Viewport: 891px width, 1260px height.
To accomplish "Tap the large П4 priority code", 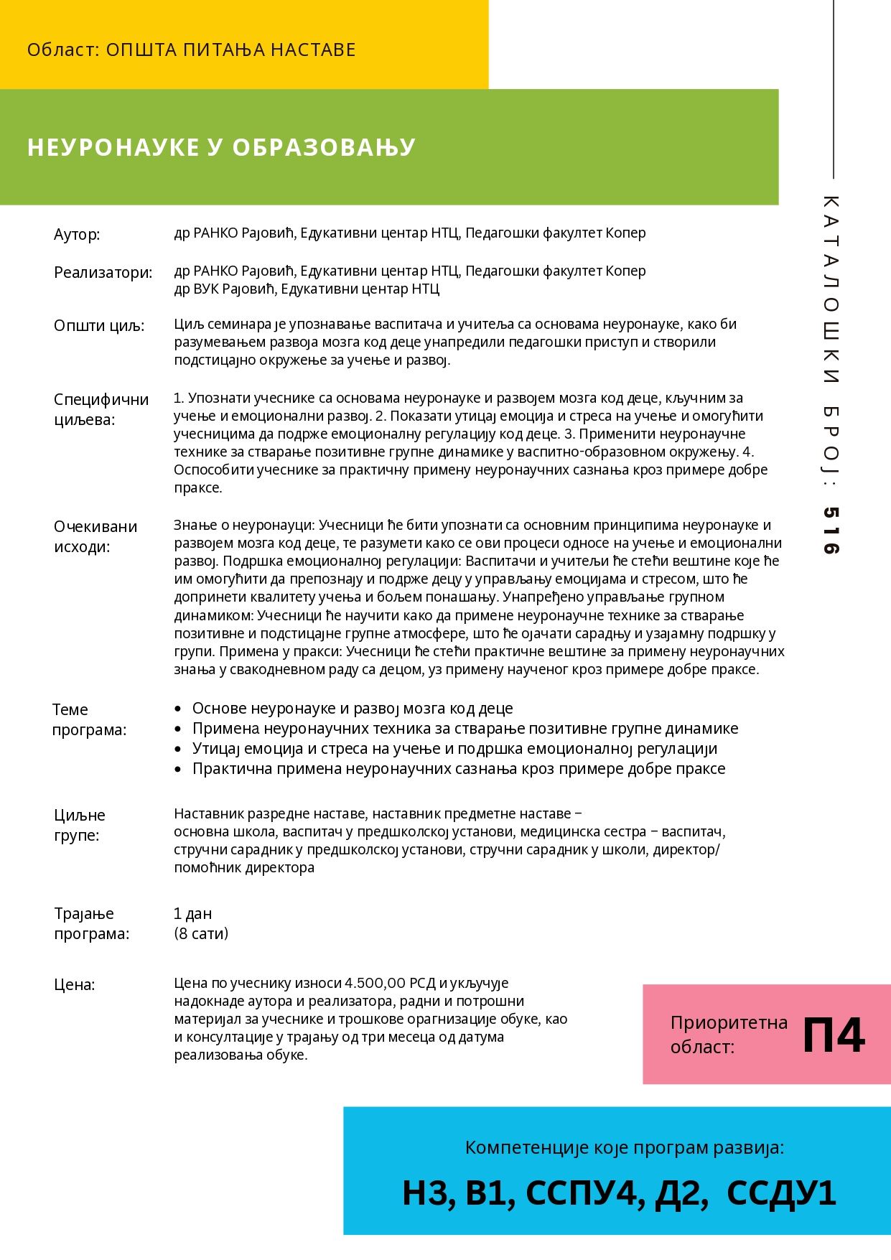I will (834, 1035).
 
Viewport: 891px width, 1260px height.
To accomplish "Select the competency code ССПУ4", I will (582, 1193).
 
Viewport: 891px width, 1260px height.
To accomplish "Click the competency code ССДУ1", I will (781, 1193).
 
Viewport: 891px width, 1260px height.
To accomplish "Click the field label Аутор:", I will (77, 235).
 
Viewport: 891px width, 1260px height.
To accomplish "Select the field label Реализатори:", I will (103, 273).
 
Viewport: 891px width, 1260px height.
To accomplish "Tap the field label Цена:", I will (75, 984).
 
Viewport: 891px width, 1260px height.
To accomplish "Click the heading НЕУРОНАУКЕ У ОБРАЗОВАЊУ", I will (221, 147).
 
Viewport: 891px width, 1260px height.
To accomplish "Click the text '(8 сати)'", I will (201, 933).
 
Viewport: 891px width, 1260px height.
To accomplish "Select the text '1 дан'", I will (192, 914).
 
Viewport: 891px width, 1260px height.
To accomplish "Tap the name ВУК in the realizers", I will (206, 289).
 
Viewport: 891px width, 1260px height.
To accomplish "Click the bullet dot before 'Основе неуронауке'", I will (178, 709).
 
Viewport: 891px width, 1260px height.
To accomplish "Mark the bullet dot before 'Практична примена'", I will (178, 770).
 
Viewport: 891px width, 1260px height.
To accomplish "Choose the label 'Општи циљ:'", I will (99, 326).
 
